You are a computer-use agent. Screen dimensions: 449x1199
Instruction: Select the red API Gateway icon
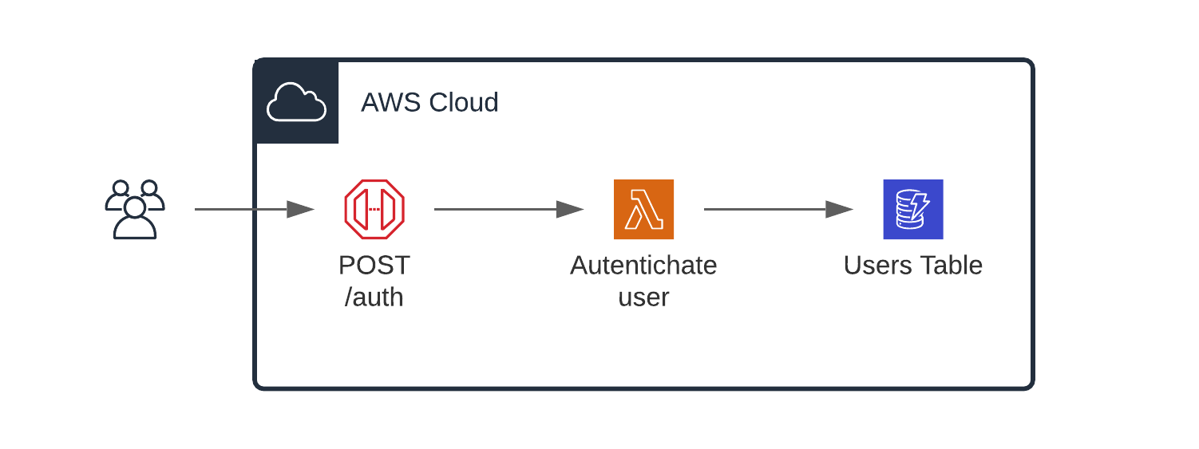click(374, 209)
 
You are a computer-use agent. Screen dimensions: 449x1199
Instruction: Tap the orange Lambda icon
click(643, 209)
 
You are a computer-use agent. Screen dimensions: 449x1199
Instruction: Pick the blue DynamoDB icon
click(912, 209)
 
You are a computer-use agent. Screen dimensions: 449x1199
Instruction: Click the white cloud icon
click(296, 103)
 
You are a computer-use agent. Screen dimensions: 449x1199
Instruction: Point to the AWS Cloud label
click(429, 103)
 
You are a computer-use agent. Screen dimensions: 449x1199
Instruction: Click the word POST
click(374, 265)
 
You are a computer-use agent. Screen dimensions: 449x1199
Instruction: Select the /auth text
click(374, 297)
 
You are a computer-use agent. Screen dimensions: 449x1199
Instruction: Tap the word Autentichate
click(643, 265)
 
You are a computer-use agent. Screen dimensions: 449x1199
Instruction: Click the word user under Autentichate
click(643, 297)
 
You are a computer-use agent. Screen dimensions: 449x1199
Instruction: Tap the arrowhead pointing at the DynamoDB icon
click(840, 210)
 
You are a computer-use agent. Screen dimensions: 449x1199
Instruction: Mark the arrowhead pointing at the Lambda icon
click(570, 210)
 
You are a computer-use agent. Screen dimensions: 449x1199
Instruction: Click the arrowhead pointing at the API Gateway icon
click(300, 210)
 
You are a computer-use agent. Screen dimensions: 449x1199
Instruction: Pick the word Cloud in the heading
click(464, 103)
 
